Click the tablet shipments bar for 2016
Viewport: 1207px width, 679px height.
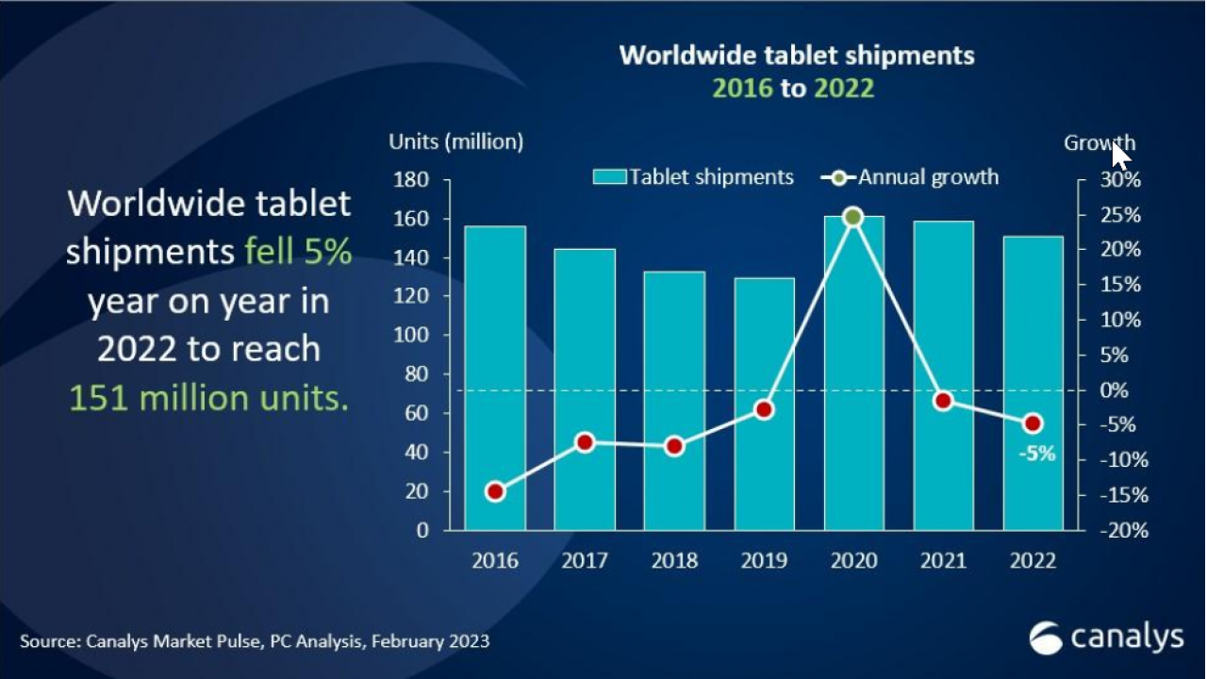pyautogui.click(x=495, y=377)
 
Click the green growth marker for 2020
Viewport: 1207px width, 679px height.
pyautogui.click(x=853, y=217)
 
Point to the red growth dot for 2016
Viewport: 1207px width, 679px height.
pyautogui.click(x=495, y=491)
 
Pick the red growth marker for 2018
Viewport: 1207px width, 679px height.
pyautogui.click(x=674, y=446)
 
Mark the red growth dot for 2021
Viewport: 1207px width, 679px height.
pyautogui.click(x=943, y=401)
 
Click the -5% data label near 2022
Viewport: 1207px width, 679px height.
pyautogui.click(x=1036, y=454)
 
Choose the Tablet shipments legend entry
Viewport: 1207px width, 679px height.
pyautogui.click(x=694, y=177)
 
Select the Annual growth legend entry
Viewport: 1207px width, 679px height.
pyautogui.click(x=910, y=177)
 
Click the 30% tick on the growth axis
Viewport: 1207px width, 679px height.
pyautogui.click(x=1121, y=179)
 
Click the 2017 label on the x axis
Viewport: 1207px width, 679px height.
pyautogui.click(x=585, y=561)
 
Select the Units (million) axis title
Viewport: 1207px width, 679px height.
pyautogui.click(x=455, y=142)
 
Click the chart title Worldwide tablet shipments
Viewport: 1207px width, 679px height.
pyautogui.click(x=796, y=55)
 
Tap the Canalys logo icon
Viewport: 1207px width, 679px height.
pyautogui.click(x=1046, y=638)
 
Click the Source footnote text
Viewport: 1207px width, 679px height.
pyautogui.click(x=255, y=641)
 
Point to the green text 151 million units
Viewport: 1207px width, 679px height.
pyautogui.click(x=208, y=398)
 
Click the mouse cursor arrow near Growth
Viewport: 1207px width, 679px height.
pyautogui.click(x=1120, y=155)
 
